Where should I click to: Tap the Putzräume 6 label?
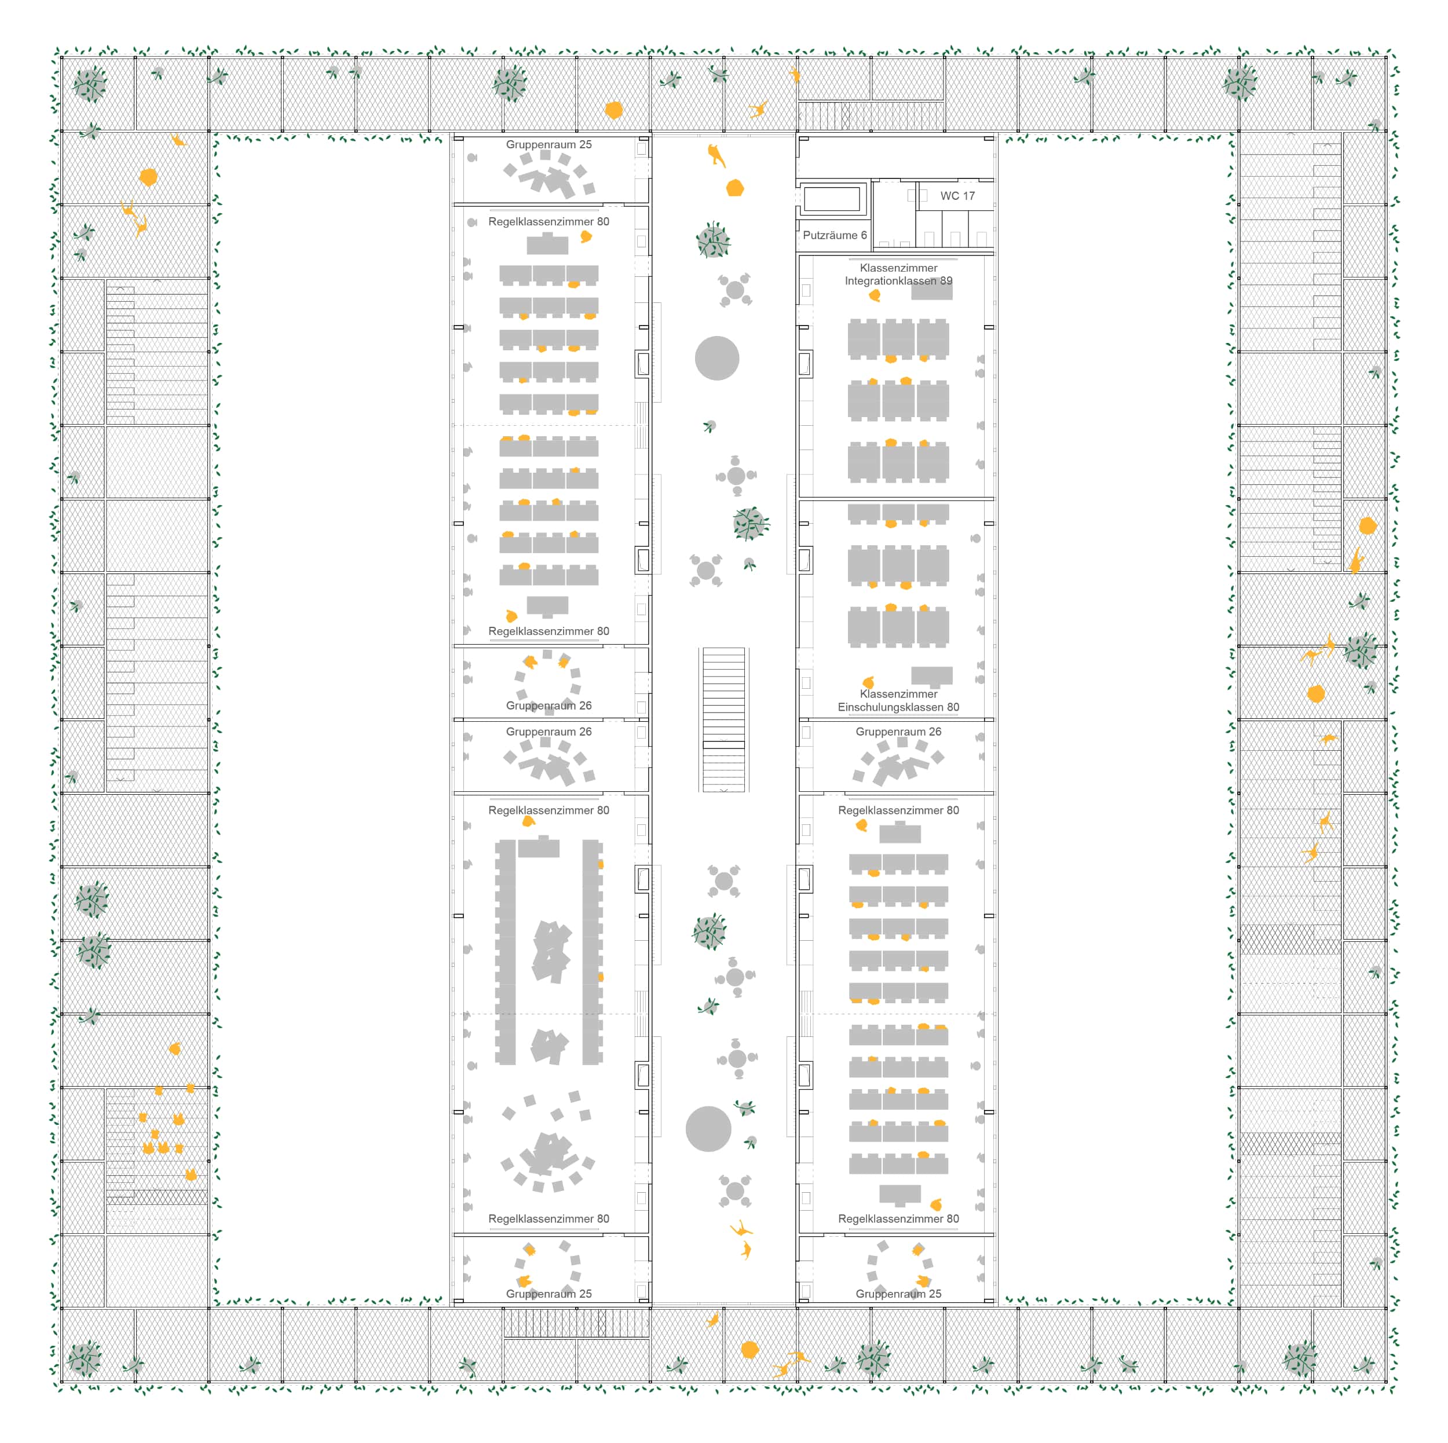834,235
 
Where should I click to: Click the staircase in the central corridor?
723,719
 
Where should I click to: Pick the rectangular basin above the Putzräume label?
831,199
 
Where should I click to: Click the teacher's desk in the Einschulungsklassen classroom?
931,676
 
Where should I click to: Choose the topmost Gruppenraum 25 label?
549,145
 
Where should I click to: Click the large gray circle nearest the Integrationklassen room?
716,359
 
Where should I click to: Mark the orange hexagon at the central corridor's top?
735,188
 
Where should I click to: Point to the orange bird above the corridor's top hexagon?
716,155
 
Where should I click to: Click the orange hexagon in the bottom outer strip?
749,1349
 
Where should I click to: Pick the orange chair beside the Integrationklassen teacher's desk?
875,295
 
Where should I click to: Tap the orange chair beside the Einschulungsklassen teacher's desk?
868,682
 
